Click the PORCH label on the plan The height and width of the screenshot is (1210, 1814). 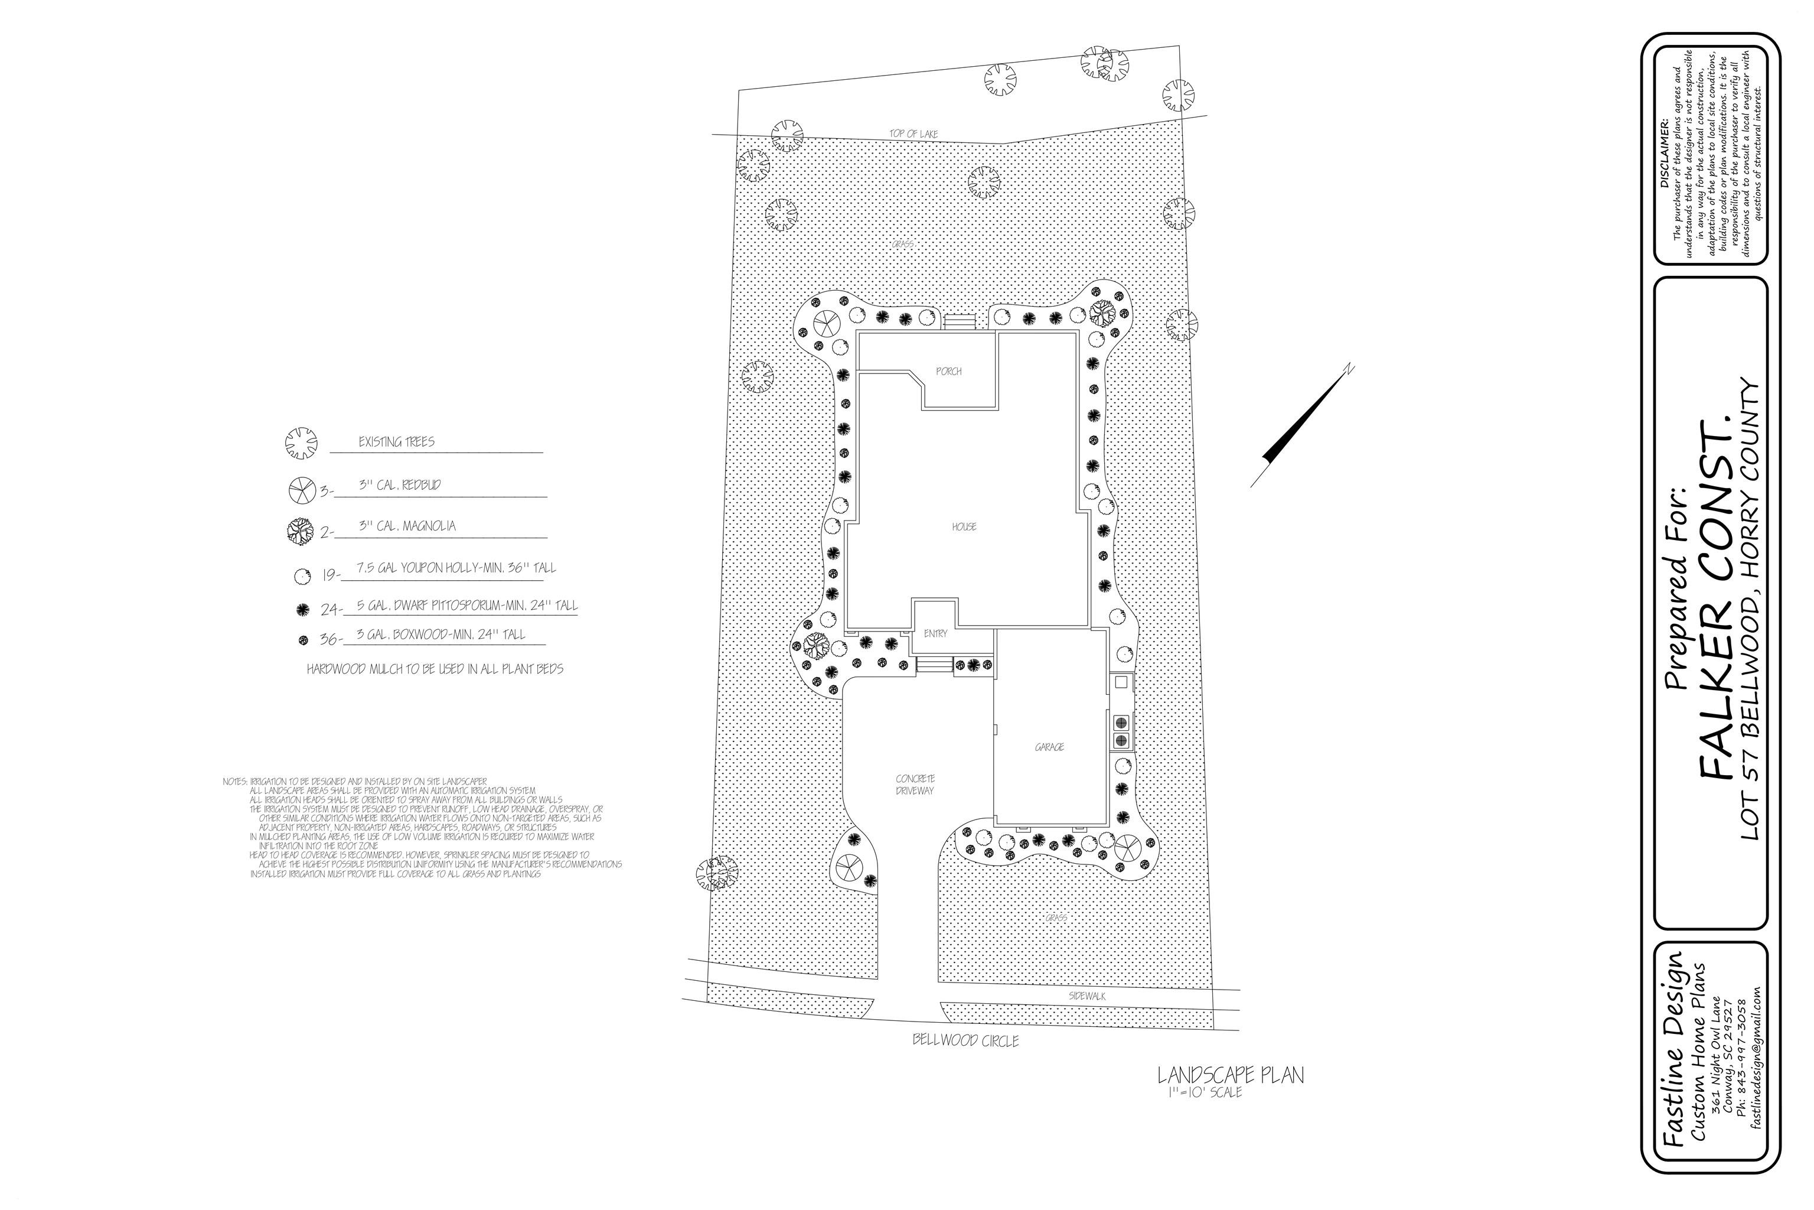pos(949,371)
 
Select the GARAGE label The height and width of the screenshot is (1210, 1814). pos(1049,747)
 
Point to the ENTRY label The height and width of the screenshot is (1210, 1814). pos(935,633)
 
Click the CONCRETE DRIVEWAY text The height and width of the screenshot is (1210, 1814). pos(915,785)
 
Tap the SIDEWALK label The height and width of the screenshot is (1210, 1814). pos(1087,996)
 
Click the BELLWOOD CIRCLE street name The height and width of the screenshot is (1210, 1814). pos(965,1040)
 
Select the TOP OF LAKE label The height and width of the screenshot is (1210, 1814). pos(914,134)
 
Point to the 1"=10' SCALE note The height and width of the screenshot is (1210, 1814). pos(1202,1092)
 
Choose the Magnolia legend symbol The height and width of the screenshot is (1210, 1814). pos(301,531)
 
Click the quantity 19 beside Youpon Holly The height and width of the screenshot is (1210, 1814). pos(331,575)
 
